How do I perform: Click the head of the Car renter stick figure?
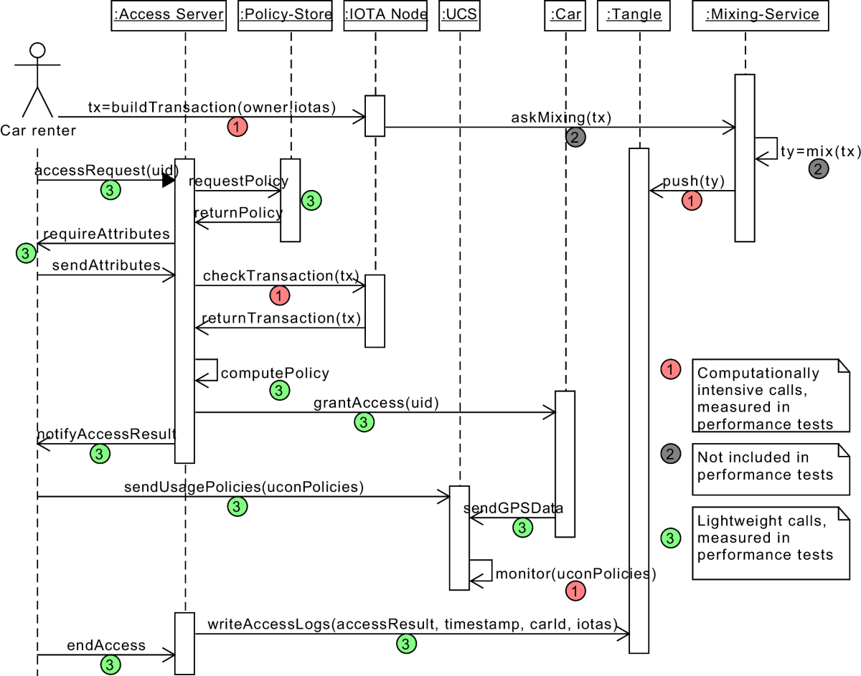(37, 51)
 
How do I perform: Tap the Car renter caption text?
(38, 130)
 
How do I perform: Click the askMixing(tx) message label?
(560, 117)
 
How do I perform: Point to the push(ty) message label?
(693, 180)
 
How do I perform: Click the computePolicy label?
(275, 373)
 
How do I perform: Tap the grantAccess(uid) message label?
(376, 403)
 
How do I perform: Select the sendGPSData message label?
(512, 509)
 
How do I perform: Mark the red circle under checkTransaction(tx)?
(279, 294)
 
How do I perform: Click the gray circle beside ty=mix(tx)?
(818, 169)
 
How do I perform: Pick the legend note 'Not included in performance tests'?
(767, 466)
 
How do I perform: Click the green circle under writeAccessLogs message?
(405, 643)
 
